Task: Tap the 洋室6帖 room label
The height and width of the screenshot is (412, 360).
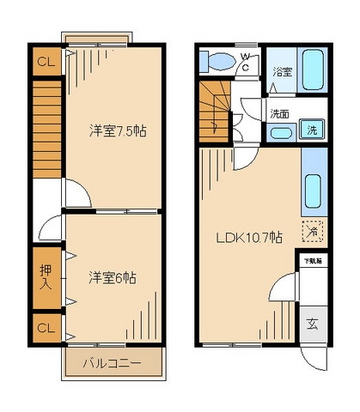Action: [113, 278]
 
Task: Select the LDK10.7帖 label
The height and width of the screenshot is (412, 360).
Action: [248, 238]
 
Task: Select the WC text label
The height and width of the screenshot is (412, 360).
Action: [245, 63]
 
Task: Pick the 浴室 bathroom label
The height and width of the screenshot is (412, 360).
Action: [280, 72]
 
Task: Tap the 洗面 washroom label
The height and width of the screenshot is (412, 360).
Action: [279, 112]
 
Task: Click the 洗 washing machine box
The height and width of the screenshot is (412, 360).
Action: [314, 130]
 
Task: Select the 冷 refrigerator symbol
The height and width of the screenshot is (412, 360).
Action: [314, 230]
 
